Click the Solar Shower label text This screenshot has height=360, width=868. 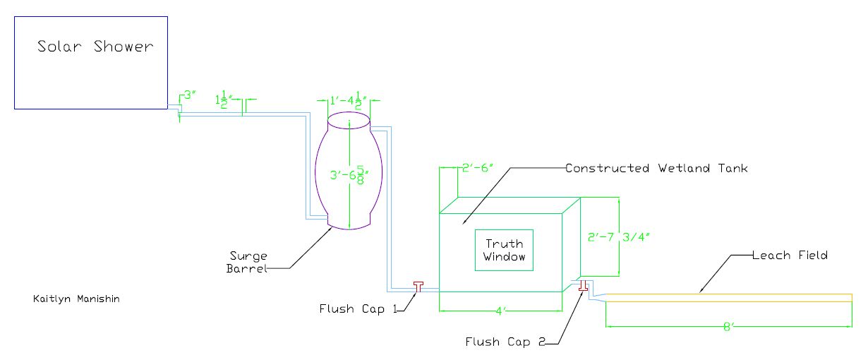(x=95, y=47)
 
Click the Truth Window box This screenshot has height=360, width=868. (x=504, y=250)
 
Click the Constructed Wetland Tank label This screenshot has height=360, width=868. (x=656, y=169)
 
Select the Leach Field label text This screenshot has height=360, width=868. (x=790, y=255)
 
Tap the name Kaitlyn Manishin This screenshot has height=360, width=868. (x=76, y=299)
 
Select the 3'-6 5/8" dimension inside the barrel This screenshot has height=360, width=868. (x=348, y=174)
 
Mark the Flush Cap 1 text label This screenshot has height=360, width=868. (x=354, y=308)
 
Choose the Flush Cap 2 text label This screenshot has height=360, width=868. (x=505, y=342)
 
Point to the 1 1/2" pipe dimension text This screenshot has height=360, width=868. (x=224, y=100)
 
